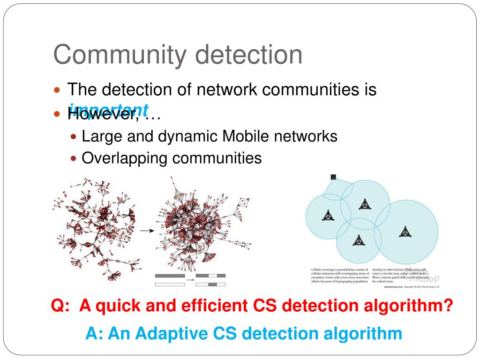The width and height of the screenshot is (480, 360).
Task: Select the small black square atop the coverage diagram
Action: click(333, 177)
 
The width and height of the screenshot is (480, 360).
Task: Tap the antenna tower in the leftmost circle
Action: click(328, 216)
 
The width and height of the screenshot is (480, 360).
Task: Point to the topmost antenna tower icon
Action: click(364, 204)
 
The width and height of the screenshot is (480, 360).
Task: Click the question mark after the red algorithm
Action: click(448, 307)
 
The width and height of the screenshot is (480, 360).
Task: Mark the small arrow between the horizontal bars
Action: click(190, 280)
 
